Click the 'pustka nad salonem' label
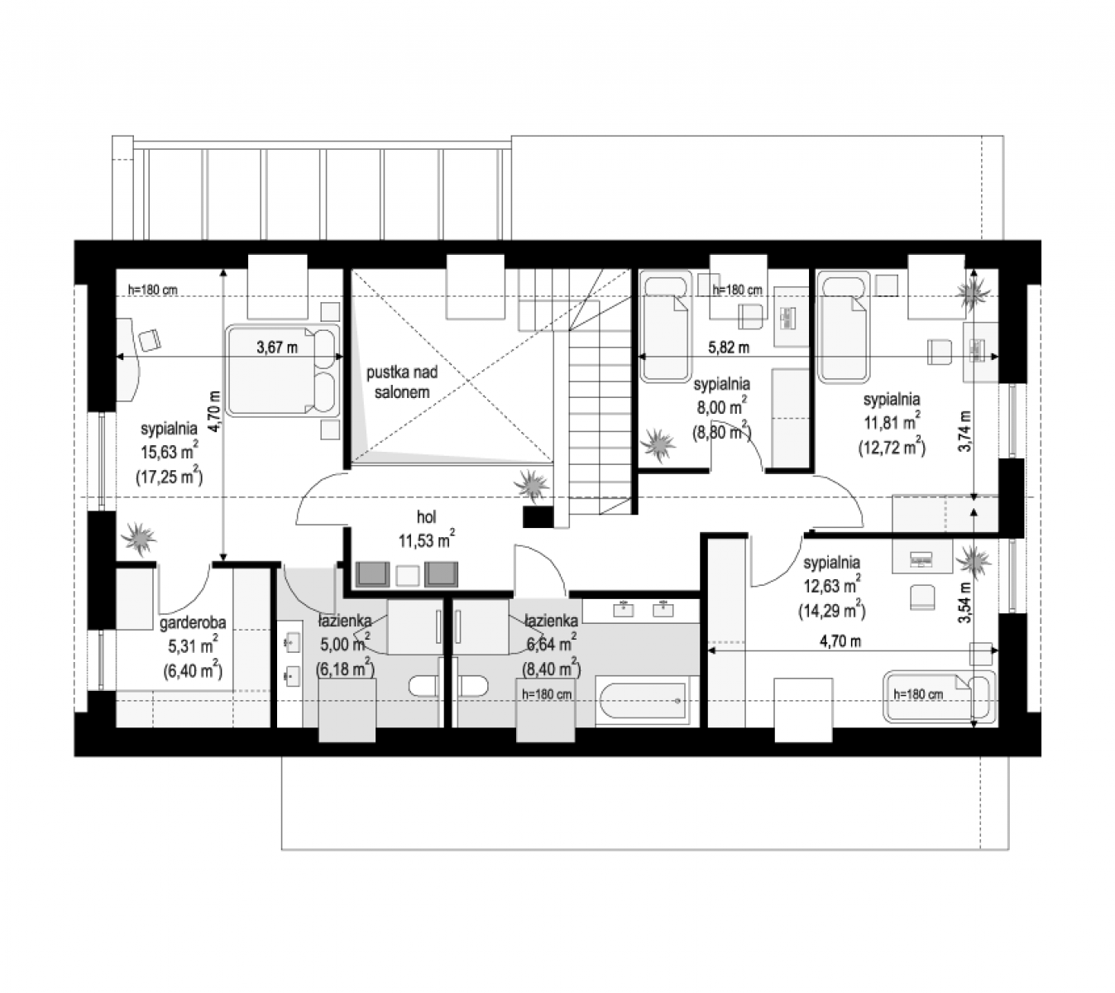[402, 381]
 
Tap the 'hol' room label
[427, 516]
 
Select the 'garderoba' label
[193, 623]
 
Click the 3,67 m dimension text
[277, 348]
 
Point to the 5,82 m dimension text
[728, 348]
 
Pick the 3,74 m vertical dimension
[964, 432]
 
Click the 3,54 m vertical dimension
[964, 602]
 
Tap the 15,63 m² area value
[170, 451]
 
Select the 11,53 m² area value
[427, 540]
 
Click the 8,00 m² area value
[721, 407]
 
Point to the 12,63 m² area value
[832, 586]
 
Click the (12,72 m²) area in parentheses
[892, 447]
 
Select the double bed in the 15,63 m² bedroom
[283, 371]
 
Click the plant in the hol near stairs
[531, 485]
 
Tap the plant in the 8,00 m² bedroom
[658, 444]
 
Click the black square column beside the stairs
[538, 516]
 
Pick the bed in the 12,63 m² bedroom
[938, 696]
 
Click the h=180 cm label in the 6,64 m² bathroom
[547, 694]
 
